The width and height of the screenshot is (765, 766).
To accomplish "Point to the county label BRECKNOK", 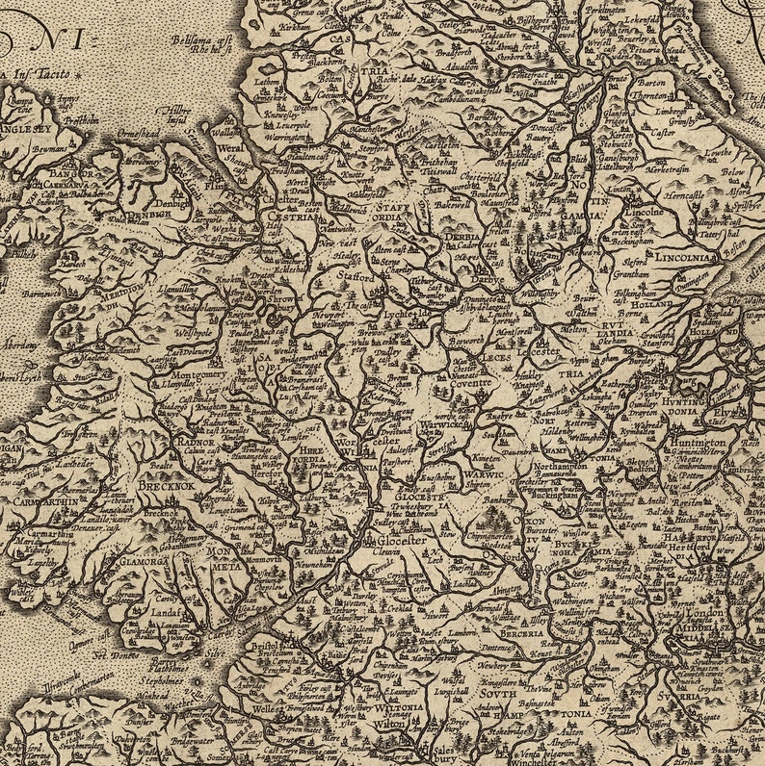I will click(x=165, y=488).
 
